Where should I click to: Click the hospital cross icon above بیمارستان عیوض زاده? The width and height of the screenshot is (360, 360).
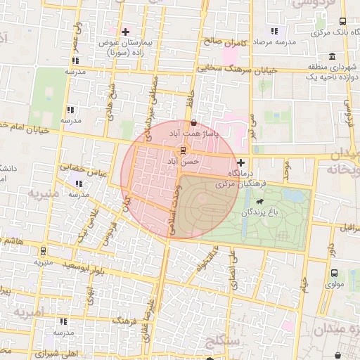[126, 32]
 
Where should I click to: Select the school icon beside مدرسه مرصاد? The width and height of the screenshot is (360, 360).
[274, 32]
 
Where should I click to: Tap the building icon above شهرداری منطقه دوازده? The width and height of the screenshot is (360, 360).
[330, 57]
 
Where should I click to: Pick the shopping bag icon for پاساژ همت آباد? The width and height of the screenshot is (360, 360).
[193, 123]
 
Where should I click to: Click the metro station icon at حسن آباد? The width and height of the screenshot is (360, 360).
[183, 150]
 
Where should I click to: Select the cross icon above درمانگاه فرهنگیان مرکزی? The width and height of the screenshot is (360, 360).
[241, 162]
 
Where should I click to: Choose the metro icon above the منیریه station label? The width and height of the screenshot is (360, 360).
[43, 250]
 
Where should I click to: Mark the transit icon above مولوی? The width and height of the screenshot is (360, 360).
[334, 273]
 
